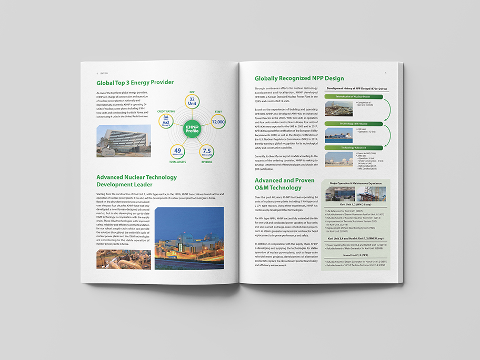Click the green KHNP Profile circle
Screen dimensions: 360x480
tap(192, 128)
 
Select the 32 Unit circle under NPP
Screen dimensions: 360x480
tap(192, 102)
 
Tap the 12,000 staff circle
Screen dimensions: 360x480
tap(218, 122)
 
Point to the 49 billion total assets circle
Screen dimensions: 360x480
tap(178, 152)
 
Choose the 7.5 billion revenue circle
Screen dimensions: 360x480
tap(207, 152)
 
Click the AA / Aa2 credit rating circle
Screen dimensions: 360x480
tap(166, 122)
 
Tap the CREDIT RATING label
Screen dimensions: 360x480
tap(166, 112)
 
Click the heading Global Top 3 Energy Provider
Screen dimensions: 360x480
tap(135, 83)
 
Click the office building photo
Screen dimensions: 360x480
tap(123, 141)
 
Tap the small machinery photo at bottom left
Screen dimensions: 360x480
tap(123, 259)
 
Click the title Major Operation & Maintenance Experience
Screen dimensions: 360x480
tap(355, 183)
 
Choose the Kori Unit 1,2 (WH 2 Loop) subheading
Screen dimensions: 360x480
tap(355, 203)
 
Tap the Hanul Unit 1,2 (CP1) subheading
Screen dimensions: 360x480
tap(355, 255)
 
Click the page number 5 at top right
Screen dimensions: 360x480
tap(385, 73)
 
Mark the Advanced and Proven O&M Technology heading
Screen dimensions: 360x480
tap(278, 184)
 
